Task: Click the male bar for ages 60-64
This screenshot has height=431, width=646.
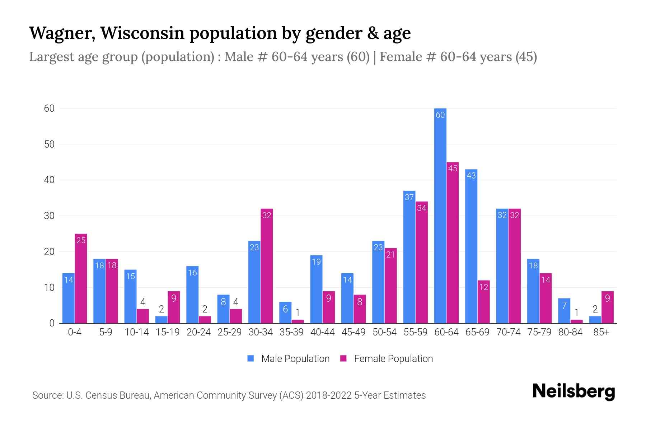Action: click(x=440, y=215)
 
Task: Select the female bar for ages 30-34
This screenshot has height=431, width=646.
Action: click(x=267, y=266)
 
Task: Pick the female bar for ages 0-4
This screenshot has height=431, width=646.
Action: click(x=81, y=278)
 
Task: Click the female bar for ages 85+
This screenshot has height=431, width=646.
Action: click(x=607, y=307)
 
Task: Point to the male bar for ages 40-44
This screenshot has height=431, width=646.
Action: click(x=316, y=289)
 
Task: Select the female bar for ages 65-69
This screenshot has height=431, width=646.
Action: click(x=483, y=302)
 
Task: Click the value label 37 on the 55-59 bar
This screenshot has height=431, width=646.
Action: click(x=409, y=197)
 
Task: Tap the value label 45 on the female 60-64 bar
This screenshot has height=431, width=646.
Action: click(x=453, y=168)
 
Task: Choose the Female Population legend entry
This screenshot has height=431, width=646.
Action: click(x=387, y=359)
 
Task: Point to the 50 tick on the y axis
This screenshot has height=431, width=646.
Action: click(x=49, y=144)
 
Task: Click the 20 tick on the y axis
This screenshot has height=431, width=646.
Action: click(x=49, y=252)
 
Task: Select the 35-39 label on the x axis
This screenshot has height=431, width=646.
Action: click(x=291, y=332)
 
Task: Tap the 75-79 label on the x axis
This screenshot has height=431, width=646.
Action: click(x=539, y=332)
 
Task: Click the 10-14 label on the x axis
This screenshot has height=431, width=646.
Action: click(x=136, y=332)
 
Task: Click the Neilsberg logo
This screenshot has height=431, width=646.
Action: click(x=574, y=392)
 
